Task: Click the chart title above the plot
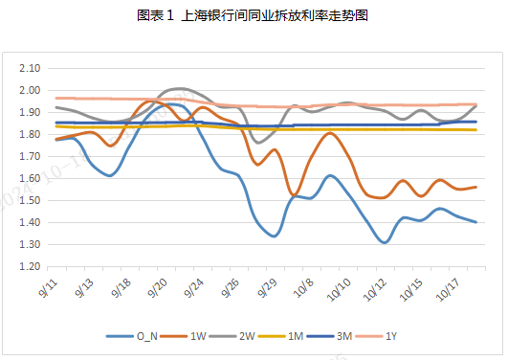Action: [253, 16]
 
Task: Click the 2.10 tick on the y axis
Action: [28, 69]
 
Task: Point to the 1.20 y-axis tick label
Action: [28, 266]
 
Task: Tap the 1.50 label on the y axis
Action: [28, 200]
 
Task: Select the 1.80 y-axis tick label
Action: [28, 135]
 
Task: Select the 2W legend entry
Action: [241, 336]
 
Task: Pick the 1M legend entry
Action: [293, 336]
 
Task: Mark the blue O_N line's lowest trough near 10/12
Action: [385, 242]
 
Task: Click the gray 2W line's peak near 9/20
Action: [180, 89]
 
